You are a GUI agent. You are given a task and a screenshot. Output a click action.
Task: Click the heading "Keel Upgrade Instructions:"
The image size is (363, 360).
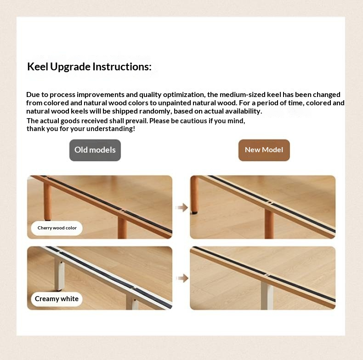tap(89, 67)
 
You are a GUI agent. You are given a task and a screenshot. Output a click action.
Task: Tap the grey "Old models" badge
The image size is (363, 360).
tap(95, 150)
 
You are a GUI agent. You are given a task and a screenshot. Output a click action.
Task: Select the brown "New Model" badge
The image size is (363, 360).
tap(264, 150)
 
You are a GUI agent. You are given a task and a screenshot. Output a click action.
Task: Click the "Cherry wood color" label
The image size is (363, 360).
tap(57, 228)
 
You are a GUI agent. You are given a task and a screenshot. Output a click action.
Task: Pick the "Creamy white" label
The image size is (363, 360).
tap(57, 299)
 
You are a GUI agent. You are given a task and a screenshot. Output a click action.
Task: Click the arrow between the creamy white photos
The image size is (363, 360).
tap(182, 278)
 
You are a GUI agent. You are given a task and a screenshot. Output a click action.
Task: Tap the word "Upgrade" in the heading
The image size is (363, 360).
tap(70, 67)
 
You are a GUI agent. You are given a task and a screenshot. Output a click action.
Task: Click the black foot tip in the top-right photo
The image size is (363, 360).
tap(194, 212)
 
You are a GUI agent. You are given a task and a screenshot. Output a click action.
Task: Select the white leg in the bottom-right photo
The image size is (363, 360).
tap(267, 295)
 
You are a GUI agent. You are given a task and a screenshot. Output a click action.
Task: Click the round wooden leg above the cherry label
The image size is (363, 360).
tap(47, 201)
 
